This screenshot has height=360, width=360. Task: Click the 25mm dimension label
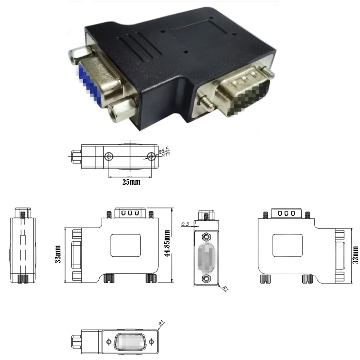coord(131,182)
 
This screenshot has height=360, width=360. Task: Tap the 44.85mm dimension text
coord(167,244)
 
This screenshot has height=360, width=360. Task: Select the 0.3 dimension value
coord(185,224)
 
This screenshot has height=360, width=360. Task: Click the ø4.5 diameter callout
coord(164,149)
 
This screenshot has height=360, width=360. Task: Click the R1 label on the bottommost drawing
coord(162,323)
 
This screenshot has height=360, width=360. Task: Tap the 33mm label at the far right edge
coord(356,254)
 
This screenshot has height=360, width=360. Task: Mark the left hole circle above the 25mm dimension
coord(109,156)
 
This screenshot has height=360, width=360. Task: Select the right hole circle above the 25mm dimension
coord(152,156)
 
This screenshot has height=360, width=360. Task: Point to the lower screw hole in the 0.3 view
coord(206,278)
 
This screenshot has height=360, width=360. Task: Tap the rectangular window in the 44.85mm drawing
coord(126,245)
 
